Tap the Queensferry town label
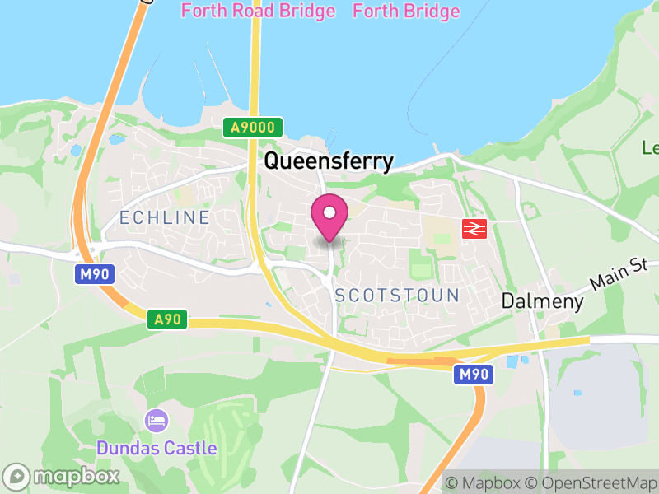(329, 162)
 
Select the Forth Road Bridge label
(258, 12)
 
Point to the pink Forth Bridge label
(406, 12)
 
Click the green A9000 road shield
(253, 128)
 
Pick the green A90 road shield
(168, 319)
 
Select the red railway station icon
(474, 229)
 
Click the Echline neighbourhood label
(165, 217)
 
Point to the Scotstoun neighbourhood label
(397, 296)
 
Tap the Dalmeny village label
(543, 301)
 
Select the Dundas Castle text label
(157, 449)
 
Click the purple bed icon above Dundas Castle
(157, 422)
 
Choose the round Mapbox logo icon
(16, 476)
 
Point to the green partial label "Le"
(650, 148)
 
